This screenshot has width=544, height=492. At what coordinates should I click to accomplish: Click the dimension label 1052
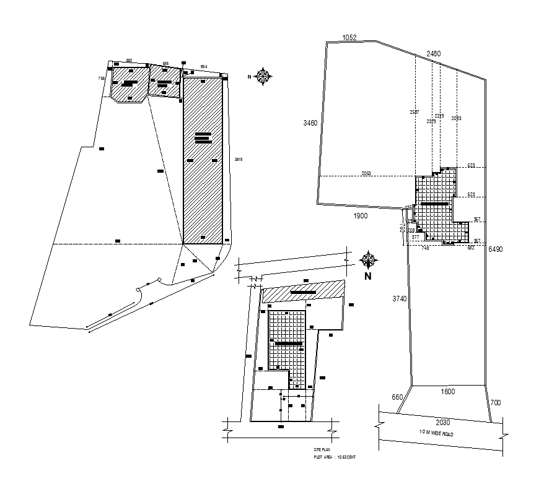(349, 38)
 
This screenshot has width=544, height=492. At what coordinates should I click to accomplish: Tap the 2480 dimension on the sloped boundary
(434, 54)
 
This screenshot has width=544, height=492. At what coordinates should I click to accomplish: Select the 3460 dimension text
(310, 123)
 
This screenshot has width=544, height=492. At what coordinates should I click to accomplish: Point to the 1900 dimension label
(361, 216)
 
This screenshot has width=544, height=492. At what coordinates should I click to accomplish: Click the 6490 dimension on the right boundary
(496, 249)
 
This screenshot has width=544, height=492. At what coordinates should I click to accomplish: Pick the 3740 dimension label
(399, 299)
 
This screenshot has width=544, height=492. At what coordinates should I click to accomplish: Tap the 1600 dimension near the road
(447, 391)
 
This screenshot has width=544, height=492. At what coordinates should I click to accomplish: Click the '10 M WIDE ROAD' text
(436, 434)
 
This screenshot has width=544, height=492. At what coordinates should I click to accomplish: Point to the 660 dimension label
(397, 397)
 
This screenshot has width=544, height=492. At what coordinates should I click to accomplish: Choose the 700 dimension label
(495, 403)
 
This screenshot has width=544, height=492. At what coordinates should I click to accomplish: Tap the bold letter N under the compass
(367, 277)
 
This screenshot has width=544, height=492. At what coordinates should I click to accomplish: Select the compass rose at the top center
(264, 76)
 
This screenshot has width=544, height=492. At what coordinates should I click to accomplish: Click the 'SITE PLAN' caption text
(323, 451)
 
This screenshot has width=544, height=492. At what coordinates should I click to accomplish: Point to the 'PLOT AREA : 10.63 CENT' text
(335, 457)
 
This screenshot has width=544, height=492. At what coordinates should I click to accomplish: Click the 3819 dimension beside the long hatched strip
(238, 160)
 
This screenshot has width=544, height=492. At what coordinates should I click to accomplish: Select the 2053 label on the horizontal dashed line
(366, 174)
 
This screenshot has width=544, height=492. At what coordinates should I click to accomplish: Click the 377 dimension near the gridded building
(415, 237)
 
